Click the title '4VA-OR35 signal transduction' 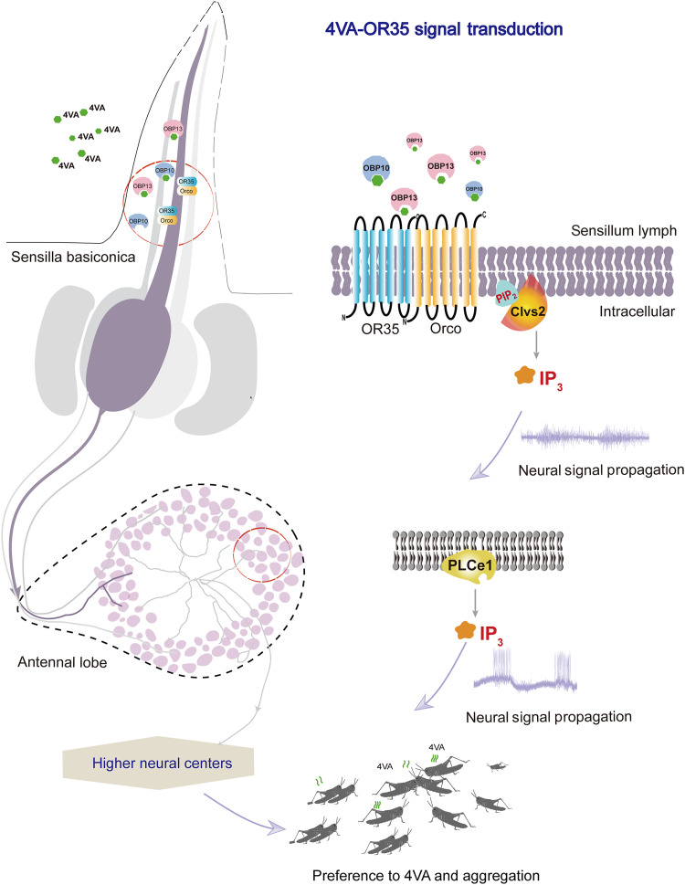click(x=444, y=29)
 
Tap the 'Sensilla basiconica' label click(x=73, y=258)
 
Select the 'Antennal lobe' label click(x=62, y=662)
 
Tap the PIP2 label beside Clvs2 click(x=506, y=293)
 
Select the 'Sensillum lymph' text click(x=624, y=231)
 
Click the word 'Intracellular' click(x=637, y=311)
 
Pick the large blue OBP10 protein click(x=376, y=171)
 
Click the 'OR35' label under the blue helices click(x=380, y=329)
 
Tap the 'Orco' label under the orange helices click(x=446, y=328)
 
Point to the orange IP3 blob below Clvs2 click(x=525, y=375)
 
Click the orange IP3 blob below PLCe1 click(x=465, y=630)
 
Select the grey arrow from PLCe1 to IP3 click(x=476, y=604)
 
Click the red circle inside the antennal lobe click(x=262, y=554)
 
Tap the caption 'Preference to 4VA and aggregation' click(x=426, y=875)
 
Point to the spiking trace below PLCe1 click(x=525, y=671)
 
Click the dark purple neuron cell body click(x=132, y=353)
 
